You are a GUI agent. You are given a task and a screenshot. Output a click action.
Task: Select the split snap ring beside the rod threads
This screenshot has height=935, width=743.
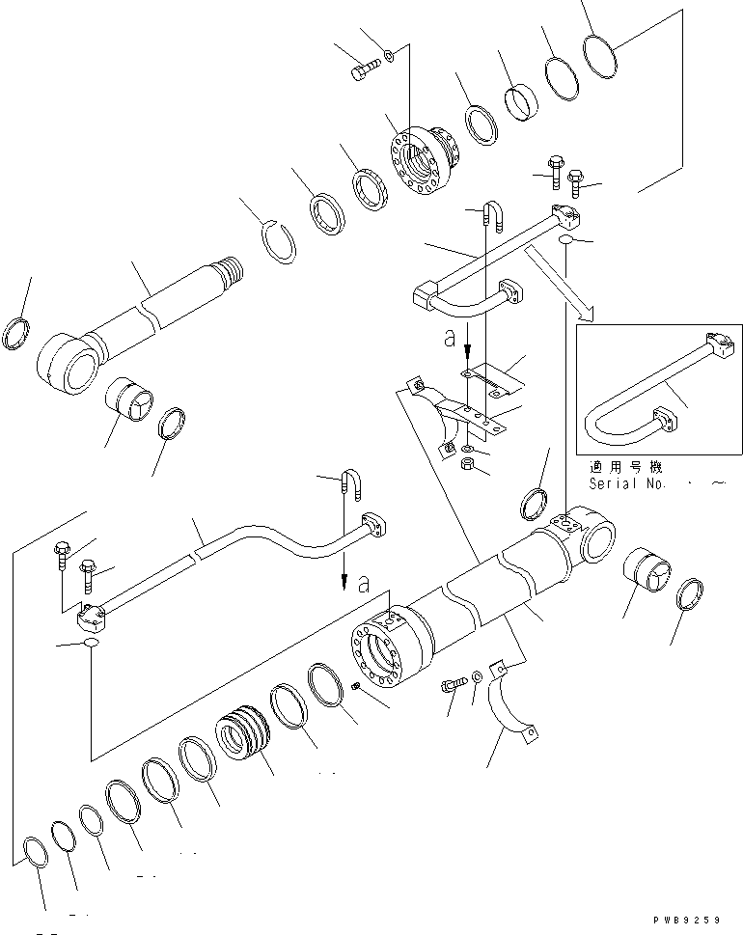pos(281,238)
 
